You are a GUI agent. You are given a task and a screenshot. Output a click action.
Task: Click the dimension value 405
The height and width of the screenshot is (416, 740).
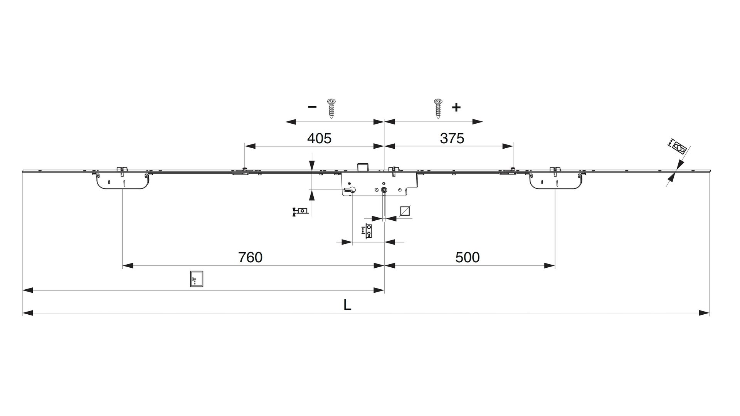[319, 138]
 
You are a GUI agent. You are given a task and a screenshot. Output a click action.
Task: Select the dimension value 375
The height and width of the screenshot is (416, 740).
[452, 138]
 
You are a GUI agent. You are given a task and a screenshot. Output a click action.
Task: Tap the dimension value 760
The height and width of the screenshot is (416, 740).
[250, 257]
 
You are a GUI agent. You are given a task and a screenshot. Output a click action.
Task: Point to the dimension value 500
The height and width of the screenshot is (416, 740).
[468, 257]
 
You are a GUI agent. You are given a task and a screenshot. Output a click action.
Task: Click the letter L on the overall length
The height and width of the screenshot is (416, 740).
[347, 305]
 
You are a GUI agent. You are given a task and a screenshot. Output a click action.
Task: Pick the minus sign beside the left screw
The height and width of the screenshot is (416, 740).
[312, 107]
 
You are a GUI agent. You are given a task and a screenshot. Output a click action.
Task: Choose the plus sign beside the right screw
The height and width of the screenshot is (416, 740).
[456, 107]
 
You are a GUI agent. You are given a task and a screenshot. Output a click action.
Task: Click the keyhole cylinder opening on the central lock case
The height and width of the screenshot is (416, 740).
[351, 190]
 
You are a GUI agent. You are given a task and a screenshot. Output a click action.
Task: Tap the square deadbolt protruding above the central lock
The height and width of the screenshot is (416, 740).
[363, 167]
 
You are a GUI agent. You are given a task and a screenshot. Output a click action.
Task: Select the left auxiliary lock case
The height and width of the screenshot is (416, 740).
[121, 181]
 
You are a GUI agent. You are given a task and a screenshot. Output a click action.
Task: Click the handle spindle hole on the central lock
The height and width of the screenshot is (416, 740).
[384, 190]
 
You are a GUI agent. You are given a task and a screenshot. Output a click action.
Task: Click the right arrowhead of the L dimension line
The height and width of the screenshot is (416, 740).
[705, 313]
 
